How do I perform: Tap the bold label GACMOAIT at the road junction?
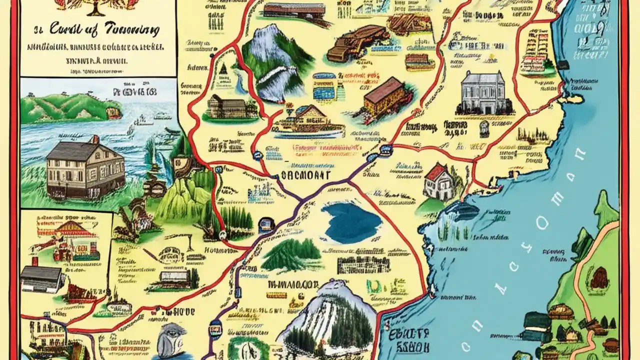tap(303, 175)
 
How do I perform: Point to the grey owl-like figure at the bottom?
tap(172, 340)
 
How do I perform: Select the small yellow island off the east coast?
tap(575, 98)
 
